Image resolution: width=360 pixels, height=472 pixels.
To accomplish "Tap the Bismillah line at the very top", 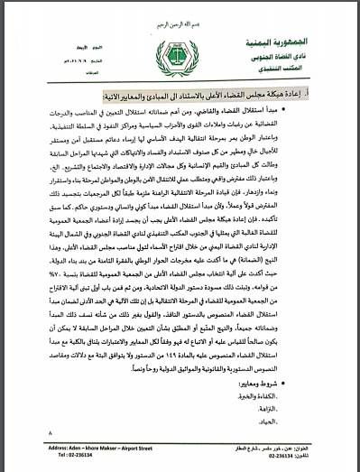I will (181, 8).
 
